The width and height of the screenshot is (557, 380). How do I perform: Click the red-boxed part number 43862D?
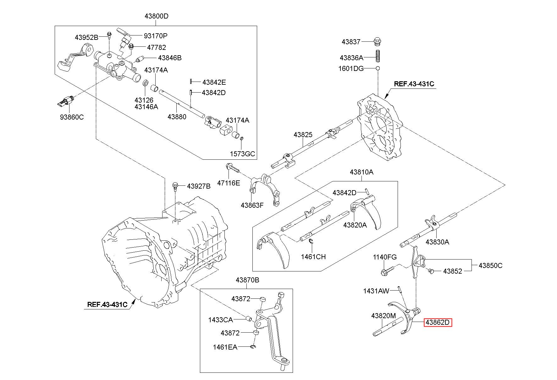point(438,322)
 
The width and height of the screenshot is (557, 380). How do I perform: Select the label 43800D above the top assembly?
point(157,16)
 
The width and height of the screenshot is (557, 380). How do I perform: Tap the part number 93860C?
point(72,117)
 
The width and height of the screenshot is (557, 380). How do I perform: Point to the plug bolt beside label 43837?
point(378,41)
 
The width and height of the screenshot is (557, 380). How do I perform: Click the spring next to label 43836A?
point(378,56)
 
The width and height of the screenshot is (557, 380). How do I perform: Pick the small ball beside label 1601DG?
point(378,68)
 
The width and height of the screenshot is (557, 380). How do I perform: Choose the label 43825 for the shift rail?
point(303,135)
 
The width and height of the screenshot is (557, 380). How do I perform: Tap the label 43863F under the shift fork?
point(252,205)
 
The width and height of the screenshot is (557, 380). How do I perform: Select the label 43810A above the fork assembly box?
point(361,172)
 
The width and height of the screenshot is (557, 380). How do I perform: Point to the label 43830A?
point(437,242)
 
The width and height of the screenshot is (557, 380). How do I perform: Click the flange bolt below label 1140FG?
point(387,270)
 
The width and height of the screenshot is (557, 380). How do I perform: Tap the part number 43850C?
point(490,265)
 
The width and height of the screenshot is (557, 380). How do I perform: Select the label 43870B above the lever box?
point(247,280)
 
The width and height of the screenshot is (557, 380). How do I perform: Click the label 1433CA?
point(220,320)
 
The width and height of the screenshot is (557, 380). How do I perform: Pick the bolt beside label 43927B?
point(175,186)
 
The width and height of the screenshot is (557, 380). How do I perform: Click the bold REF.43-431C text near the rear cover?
point(414,84)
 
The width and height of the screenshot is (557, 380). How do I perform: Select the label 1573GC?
point(242,154)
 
